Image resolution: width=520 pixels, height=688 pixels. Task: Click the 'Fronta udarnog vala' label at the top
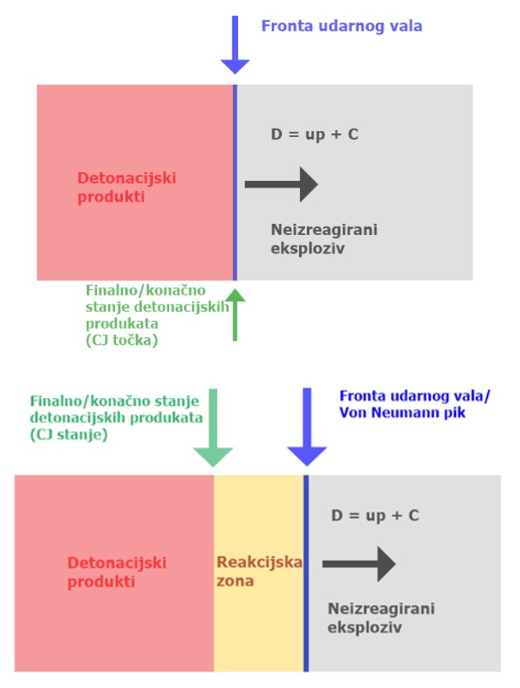coord(341,26)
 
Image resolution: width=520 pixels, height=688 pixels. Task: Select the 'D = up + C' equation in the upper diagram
coord(315,134)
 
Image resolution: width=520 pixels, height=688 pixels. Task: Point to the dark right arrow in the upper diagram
coord(281,185)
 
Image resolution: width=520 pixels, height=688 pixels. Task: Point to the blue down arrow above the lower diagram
coord(306,431)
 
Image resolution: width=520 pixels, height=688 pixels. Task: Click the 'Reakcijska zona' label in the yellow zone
coord(258,572)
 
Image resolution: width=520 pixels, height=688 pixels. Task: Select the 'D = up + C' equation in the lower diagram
coord(374,516)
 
